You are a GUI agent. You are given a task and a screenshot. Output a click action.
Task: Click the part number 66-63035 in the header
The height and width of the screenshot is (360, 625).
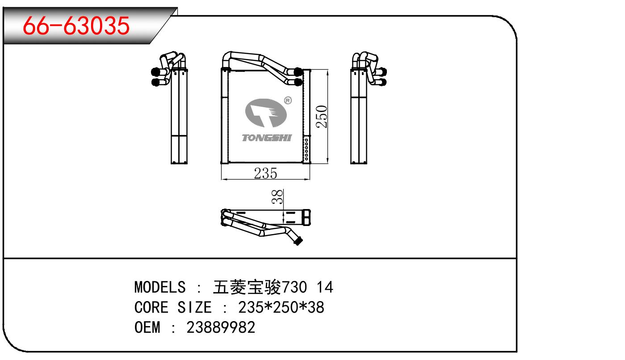[76, 27]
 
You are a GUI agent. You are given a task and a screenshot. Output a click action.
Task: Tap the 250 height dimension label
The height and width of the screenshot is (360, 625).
[323, 116]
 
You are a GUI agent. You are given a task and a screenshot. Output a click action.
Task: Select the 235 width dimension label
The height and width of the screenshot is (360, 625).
[265, 173]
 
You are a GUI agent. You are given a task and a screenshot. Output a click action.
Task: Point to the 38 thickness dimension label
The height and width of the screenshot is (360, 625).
[278, 197]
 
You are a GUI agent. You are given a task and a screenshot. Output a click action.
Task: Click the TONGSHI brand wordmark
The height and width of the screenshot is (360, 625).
[266, 138]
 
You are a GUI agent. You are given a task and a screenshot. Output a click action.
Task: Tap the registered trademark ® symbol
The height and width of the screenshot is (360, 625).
[288, 100]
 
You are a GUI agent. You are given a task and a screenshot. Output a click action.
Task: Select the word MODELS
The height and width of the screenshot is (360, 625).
[159, 287]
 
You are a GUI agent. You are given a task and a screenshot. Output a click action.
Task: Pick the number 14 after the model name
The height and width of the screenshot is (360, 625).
[324, 287]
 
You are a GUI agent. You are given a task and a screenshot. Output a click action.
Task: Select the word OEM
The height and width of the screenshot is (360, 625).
[147, 328]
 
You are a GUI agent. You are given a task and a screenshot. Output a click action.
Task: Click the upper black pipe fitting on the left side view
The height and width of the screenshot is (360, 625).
[156, 71]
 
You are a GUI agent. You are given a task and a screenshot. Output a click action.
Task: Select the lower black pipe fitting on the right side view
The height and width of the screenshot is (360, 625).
[383, 82]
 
